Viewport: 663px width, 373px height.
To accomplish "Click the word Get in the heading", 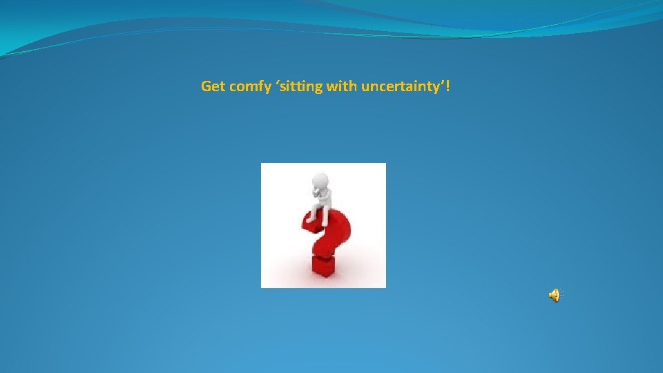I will point(212,87).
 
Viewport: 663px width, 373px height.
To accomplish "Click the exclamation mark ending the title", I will point(450,87).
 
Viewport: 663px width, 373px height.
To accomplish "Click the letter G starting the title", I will point(206,87).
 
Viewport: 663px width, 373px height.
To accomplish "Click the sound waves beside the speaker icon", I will point(561,296).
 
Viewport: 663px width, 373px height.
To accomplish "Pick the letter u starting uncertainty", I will point(365,88).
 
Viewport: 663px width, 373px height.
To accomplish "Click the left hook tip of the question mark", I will point(306,225).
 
